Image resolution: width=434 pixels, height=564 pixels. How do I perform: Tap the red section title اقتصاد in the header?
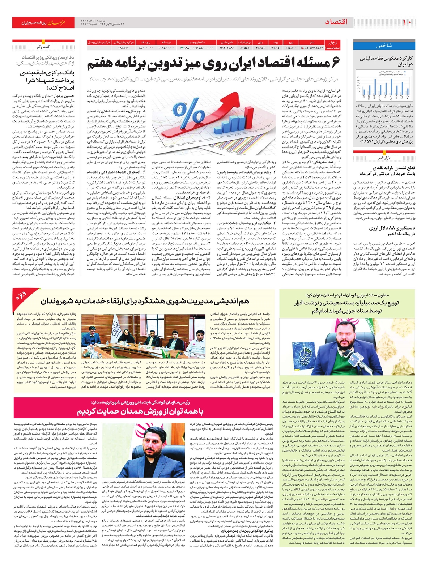336,22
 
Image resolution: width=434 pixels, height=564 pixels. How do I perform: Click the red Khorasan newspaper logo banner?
43,22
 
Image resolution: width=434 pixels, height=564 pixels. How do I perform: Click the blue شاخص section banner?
384,46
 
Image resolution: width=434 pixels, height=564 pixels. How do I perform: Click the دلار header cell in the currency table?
312,42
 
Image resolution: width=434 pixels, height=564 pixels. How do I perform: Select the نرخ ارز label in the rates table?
333,42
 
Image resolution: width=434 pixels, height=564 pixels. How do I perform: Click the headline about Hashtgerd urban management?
145,301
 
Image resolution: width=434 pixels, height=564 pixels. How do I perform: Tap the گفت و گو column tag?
43,47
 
